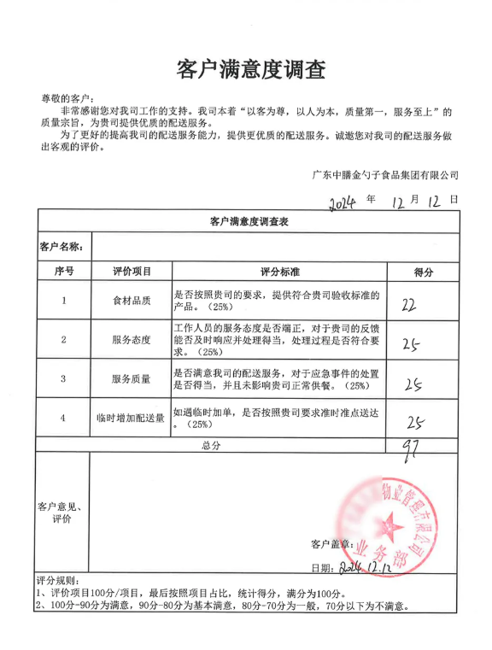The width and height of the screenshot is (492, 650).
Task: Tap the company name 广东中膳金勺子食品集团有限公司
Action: tap(384, 175)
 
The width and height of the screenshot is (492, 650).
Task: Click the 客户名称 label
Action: tap(61, 247)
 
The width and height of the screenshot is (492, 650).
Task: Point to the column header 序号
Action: tap(64, 272)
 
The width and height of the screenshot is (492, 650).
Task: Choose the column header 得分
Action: tap(423, 272)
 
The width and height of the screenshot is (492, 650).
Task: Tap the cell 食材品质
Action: tap(132, 301)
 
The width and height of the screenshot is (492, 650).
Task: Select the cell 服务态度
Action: tap(132, 340)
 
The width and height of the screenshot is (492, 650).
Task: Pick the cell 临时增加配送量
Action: tap(132, 418)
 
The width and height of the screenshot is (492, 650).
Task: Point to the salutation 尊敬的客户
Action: tap(69, 99)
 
